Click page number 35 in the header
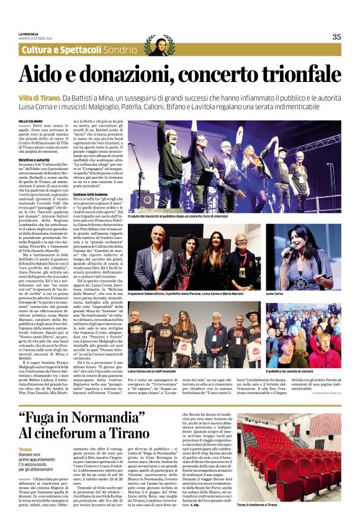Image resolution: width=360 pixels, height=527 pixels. [336, 37]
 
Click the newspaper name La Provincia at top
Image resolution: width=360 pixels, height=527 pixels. [29, 34]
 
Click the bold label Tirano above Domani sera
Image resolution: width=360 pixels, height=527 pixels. [25, 449]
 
